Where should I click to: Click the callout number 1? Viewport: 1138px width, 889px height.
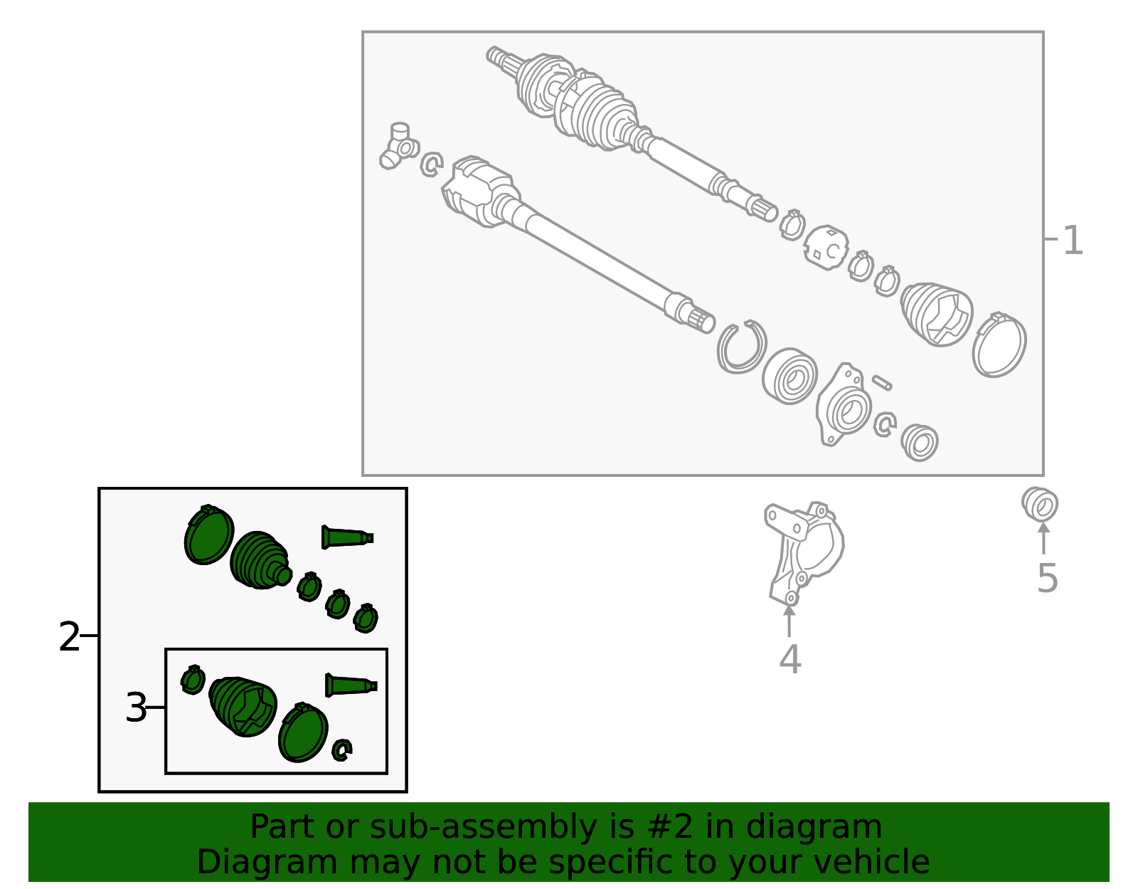1073,241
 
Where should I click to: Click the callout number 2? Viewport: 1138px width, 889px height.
69,637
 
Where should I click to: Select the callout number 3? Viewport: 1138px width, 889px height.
136,707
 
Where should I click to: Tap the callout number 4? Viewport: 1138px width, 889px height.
790,659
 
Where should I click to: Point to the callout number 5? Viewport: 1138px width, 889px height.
1048,579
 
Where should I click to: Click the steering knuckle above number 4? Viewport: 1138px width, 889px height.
804,553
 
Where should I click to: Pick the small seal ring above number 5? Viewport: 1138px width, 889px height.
1040,504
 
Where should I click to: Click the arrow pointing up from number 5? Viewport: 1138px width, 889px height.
1043,538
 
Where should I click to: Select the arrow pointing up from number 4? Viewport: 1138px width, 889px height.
789,621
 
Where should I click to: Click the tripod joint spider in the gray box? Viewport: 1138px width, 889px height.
400,146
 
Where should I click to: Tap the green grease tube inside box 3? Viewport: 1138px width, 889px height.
351,685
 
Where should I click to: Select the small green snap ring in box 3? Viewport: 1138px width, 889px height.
342,750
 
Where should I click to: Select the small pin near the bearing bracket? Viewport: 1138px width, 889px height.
882,382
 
